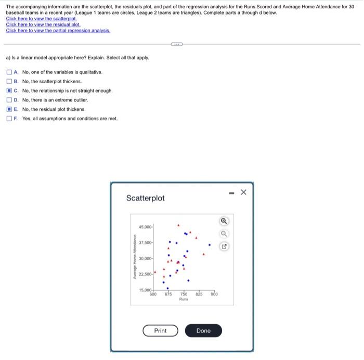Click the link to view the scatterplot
point(41,19)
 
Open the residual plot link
point(43,24)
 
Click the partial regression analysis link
point(58,30)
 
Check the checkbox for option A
point(9,72)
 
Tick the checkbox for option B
point(9,82)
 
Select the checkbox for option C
point(9,91)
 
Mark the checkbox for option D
point(9,100)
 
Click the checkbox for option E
point(9,109)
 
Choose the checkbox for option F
point(9,119)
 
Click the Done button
point(203,331)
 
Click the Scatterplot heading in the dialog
point(145,198)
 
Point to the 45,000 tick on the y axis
point(146,227)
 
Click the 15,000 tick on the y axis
point(146,289)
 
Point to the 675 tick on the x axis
point(168,294)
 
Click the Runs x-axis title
point(184,300)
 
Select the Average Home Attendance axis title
point(135,258)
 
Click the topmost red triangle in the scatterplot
point(178,226)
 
